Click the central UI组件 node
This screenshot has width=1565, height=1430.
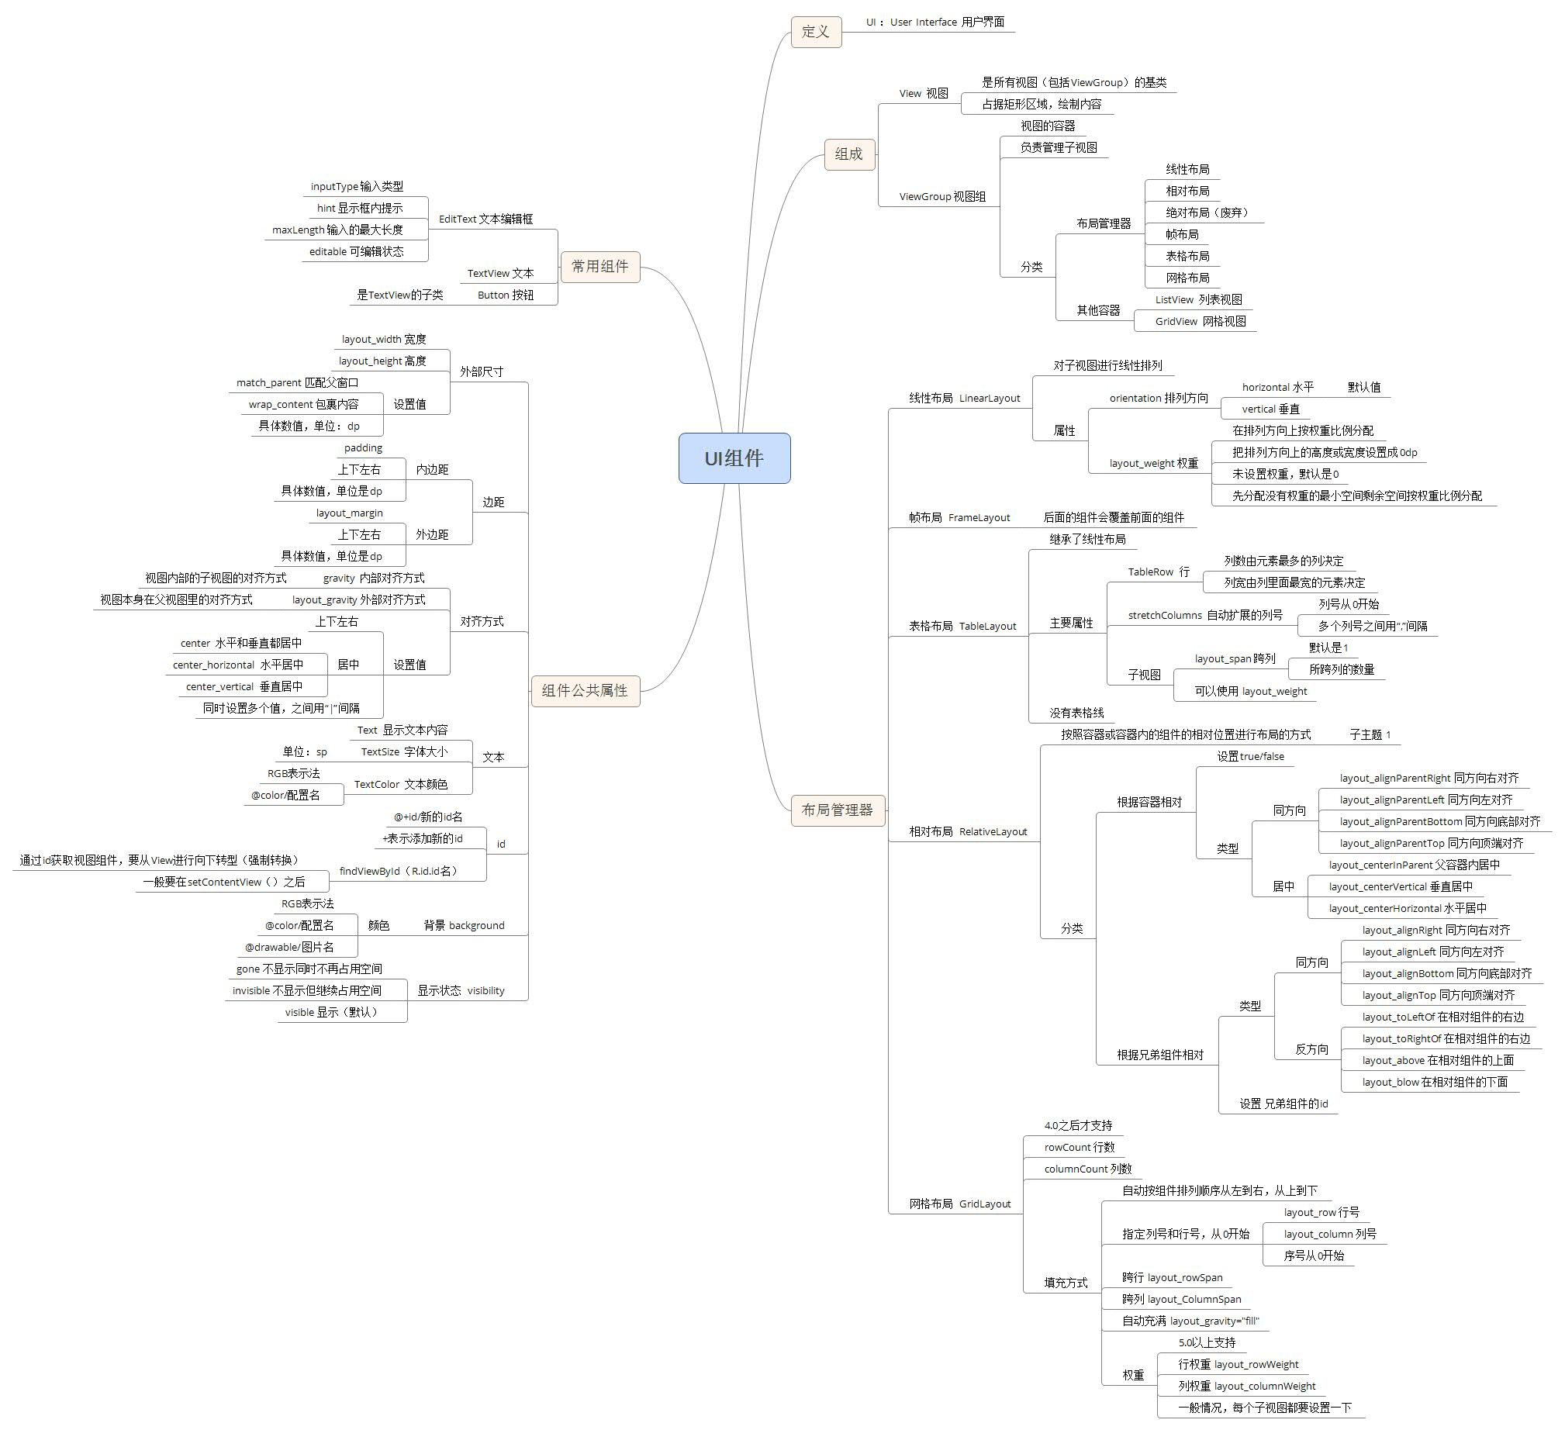(734, 458)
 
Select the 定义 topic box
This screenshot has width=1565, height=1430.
(816, 32)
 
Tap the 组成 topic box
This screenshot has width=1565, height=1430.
(848, 154)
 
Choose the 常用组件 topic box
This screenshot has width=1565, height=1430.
(600, 266)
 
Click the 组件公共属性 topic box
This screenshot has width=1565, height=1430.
(585, 690)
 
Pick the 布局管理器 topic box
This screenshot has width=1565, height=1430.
(837, 810)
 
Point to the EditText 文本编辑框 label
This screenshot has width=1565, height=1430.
(486, 219)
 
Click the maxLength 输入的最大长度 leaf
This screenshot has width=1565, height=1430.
(337, 230)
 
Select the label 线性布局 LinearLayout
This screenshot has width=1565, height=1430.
(964, 399)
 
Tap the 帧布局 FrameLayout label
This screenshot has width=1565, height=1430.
(959, 518)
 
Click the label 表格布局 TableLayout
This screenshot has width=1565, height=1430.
(962, 626)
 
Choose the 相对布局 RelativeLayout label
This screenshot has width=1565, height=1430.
(968, 831)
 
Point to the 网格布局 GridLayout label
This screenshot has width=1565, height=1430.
(960, 1204)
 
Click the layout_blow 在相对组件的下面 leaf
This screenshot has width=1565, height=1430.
(1435, 1083)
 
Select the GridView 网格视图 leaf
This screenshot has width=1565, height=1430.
(1201, 321)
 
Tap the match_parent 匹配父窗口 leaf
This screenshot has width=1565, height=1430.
(297, 383)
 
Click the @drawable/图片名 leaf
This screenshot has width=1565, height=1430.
(289, 947)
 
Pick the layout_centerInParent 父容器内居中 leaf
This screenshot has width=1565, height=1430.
(1414, 865)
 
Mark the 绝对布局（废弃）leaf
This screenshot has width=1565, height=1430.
(1207, 212)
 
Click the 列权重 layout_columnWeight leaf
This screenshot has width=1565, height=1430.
(1247, 1386)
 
